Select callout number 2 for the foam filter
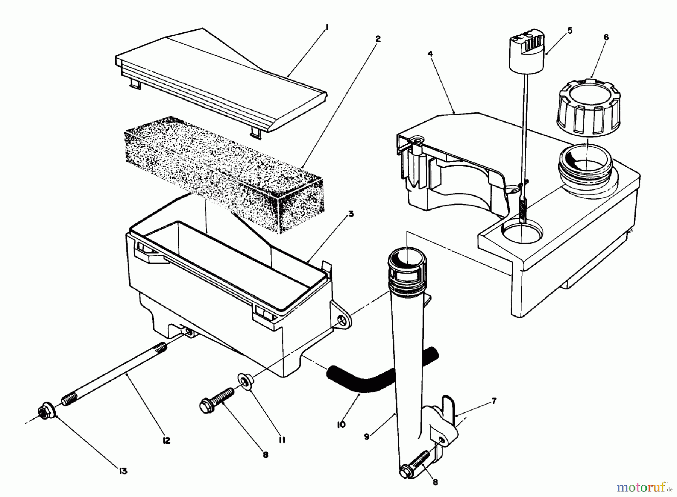(378, 38)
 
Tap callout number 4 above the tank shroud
(430, 54)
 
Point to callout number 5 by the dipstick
(569, 30)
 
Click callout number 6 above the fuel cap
(606, 37)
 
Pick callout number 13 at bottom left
(123, 471)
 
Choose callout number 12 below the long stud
(167, 440)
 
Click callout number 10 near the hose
(341, 424)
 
